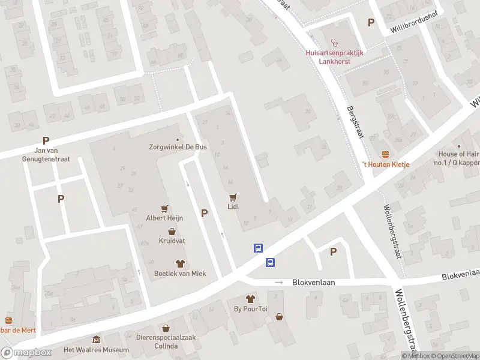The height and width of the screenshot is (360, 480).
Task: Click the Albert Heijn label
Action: (164, 218)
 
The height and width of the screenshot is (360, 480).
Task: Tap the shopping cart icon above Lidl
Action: (233, 197)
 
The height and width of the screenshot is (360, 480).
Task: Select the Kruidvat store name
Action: (172, 241)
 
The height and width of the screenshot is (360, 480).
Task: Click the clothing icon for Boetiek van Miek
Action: (179, 263)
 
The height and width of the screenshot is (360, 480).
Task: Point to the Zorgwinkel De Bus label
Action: (178, 146)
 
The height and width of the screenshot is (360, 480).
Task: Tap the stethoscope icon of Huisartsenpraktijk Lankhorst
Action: (335, 43)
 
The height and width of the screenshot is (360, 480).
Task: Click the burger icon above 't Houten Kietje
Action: (385, 154)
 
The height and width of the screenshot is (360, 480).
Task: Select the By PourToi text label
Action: (251, 310)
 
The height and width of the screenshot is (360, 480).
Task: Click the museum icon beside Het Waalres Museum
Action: (96, 340)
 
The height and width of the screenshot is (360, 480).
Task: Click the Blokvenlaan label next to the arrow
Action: (313, 282)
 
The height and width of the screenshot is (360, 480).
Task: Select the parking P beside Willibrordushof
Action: (371, 23)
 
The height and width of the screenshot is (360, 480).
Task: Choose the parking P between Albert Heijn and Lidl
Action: (204, 213)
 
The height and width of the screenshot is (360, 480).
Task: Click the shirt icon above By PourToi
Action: (251, 299)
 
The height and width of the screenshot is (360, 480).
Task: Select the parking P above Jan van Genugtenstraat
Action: (46, 140)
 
